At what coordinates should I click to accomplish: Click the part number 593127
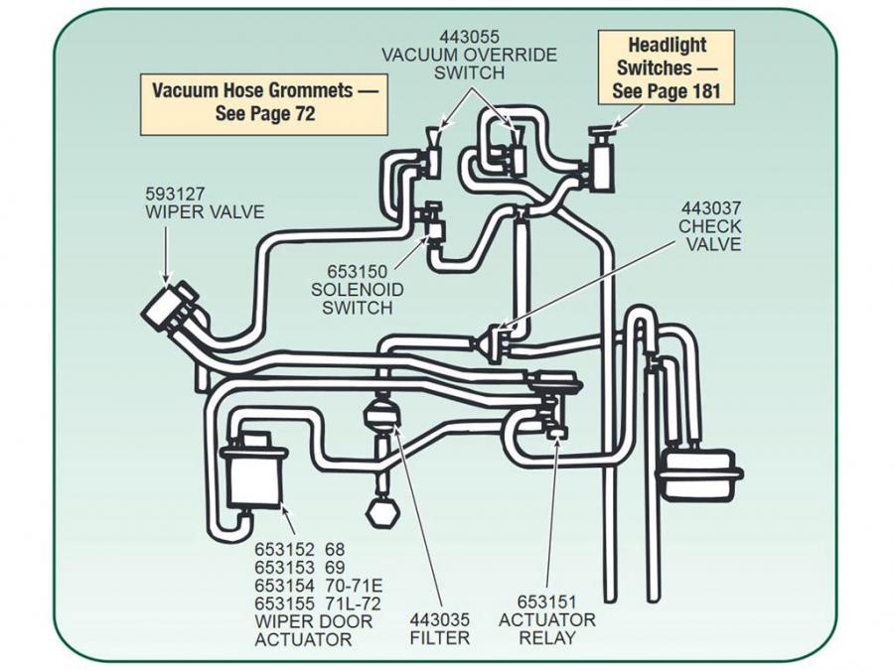(x=176, y=194)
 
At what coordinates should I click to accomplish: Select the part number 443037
(x=710, y=208)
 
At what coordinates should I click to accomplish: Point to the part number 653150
(x=358, y=271)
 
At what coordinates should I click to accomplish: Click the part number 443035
(x=439, y=619)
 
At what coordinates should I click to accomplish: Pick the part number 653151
(x=546, y=602)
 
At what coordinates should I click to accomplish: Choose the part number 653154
(x=284, y=585)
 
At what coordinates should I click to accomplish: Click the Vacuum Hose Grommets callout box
(x=264, y=100)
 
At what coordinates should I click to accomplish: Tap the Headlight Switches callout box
(x=666, y=67)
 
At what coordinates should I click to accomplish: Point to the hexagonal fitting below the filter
(x=382, y=513)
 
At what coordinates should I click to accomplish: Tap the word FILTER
(x=439, y=637)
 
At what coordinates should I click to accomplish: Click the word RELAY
(x=546, y=638)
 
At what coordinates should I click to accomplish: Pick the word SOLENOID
(x=358, y=289)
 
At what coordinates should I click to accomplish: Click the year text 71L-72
(x=353, y=603)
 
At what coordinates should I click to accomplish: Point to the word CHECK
(x=710, y=226)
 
